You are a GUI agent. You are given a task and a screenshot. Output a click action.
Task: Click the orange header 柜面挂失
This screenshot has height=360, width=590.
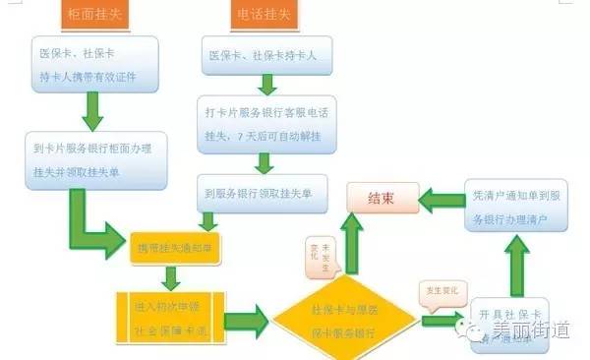(91, 16)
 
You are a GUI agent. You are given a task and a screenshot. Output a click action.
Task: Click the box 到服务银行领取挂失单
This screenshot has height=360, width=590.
(264, 194)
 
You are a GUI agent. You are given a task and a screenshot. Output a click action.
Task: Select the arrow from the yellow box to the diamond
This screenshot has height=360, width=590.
(248, 320)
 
